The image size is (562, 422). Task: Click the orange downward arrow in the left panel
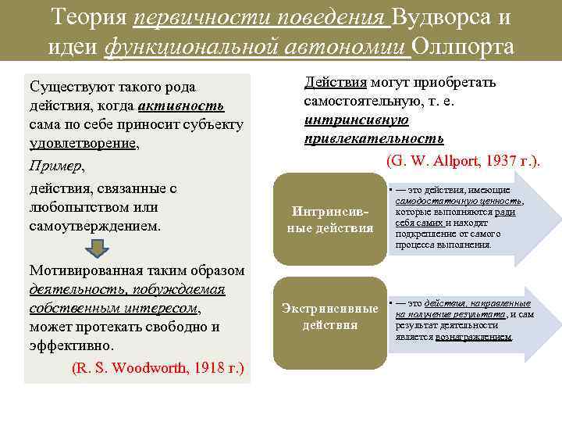pyautogui.click(x=97, y=248)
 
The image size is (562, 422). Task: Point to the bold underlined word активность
pyautogui.click(x=182, y=105)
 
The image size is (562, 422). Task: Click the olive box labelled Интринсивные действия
pyautogui.click(x=330, y=220)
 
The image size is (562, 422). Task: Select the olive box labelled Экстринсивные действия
pyautogui.click(x=330, y=316)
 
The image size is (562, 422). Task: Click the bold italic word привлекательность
pyautogui.click(x=373, y=138)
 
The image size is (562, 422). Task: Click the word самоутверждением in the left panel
pyautogui.click(x=94, y=226)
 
